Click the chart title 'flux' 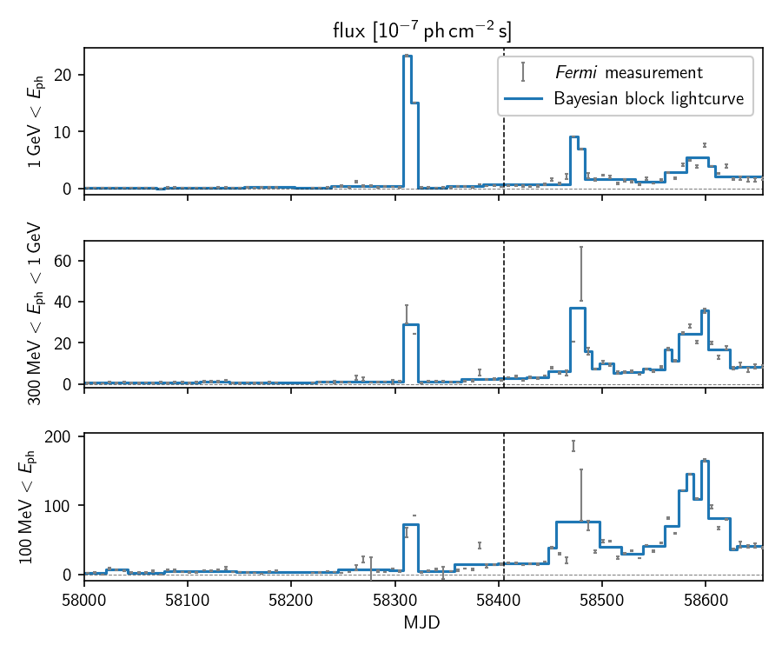pyautogui.click(x=422, y=31)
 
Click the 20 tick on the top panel pyautogui.click(x=67, y=75)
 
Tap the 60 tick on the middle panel pyautogui.click(x=67, y=262)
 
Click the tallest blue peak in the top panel pyautogui.click(x=408, y=57)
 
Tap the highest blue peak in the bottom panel pyautogui.click(x=705, y=461)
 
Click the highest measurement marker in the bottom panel pyautogui.click(x=573, y=445)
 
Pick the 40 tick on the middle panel pyautogui.click(x=67, y=303)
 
